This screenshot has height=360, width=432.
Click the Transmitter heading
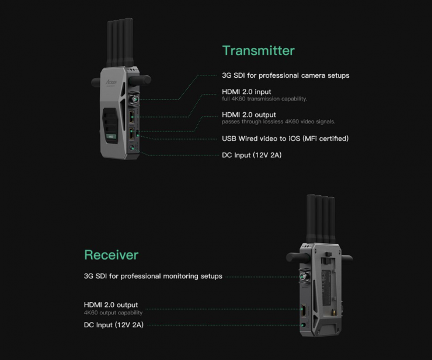point(258,50)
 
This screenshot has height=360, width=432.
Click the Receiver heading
point(112,255)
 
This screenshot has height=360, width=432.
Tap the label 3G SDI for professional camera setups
point(285,75)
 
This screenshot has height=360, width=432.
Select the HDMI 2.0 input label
point(246,92)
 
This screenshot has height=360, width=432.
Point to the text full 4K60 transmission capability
point(264,99)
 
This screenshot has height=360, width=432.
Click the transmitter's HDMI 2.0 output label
point(249,115)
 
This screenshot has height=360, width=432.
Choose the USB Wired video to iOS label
point(285,139)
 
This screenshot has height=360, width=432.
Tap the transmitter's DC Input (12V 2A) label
point(252,155)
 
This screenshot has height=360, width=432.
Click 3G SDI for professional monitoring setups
point(153,276)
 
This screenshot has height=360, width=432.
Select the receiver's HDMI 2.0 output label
point(111,305)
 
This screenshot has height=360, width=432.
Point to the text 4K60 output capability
point(113,313)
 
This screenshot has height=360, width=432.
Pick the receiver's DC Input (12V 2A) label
point(113,325)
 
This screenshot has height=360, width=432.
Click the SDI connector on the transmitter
point(134,99)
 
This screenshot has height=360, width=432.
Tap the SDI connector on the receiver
point(304,276)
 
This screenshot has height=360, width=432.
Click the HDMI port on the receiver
point(304,311)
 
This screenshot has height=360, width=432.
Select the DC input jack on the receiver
point(304,325)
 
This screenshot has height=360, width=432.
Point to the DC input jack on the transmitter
point(132,148)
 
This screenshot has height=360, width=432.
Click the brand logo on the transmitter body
point(112,82)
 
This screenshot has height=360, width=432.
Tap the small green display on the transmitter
point(111,137)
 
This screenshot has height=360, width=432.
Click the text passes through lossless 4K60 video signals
point(278,122)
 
